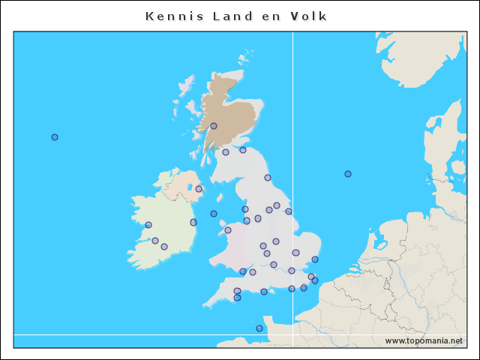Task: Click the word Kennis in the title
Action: [x=169, y=16]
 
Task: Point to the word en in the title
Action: [x=269, y=16]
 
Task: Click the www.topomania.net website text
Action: [x=424, y=340]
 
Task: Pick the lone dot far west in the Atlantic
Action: [x=55, y=137]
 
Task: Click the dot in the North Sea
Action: [x=348, y=174]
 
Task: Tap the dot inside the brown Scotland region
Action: [x=214, y=126]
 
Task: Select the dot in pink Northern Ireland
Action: [x=199, y=189]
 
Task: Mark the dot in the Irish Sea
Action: [x=214, y=214]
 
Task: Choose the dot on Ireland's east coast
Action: [x=193, y=222]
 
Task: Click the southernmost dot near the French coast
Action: [x=259, y=328]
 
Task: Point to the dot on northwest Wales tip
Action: [x=228, y=230]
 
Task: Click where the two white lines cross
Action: [x=292, y=334]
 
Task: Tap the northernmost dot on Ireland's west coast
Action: [x=148, y=225]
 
